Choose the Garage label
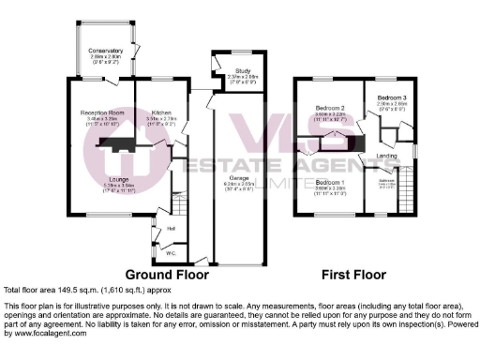pyautogui.click(x=240, y=178)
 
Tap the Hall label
pyautogui.click(x=172, y=228)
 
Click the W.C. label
pyautogui.click(x=172, y=251)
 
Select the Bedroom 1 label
pyautogui.click(x=330, y=182)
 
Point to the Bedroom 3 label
pyautogui.click(x=393, y=98)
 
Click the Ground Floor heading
pyautogui.click(x=166, y=276)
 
